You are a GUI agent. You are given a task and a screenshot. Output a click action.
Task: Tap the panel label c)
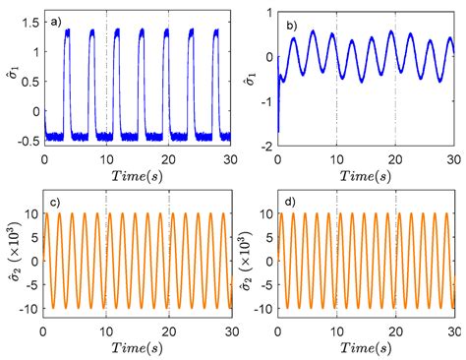click(x=56, y=203)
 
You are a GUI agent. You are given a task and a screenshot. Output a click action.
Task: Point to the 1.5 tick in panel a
click(x=29, y=19)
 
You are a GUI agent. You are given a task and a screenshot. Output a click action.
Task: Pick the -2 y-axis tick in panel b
click(x=266, y=146)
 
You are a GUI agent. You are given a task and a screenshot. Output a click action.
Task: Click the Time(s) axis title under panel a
click(x=137, y=173)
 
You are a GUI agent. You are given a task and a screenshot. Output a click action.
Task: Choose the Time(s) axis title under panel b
click(x=366, y=174)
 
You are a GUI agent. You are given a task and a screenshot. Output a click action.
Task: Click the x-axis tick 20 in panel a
click(x=169, y=157)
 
